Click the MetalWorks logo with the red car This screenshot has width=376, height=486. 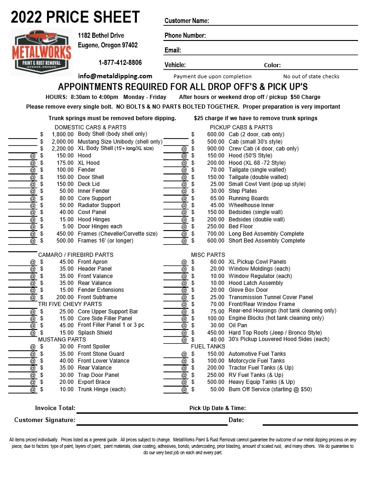(x=41, y=52)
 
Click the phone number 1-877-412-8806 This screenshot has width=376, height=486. (x=120, y=63)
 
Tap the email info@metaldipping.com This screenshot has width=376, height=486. (x=115, y=76)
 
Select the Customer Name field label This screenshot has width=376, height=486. (x=187, y=21)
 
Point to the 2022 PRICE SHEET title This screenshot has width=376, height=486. (x=75, y=17)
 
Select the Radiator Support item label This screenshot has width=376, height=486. (x=99, y=205)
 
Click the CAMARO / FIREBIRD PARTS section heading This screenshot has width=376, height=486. (x=76, y=255)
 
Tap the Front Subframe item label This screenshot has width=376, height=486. (x=97, y=297)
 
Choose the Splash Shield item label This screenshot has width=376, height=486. (x=95, y=333)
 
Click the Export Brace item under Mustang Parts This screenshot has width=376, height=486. (x=94, y=382)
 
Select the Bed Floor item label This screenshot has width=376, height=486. (x=241, y=226)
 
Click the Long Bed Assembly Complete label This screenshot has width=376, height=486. (x=266, y=234)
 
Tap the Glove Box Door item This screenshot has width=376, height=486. (x=248, y=290)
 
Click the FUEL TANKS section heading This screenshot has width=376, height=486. (x=208, y=347)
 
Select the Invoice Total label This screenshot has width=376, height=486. (x=55, y=408)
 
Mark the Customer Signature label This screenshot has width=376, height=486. (x=45, y=420)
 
